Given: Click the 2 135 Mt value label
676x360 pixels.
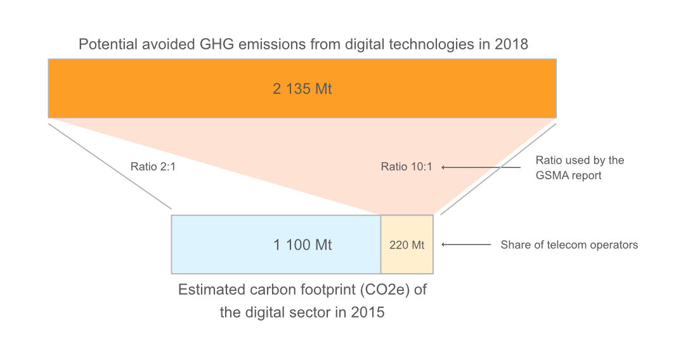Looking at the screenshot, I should click(302, 89).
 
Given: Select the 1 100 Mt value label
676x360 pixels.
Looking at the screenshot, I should click(302, 245).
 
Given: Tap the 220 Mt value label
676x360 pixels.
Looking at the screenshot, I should click(406, 245).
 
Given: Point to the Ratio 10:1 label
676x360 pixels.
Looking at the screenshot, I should click(406, 167).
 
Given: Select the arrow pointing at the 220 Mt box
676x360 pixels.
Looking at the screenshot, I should click(466, 245).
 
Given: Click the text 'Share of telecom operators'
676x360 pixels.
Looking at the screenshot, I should click(569, 245).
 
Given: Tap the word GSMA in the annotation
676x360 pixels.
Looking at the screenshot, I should click(552, 175).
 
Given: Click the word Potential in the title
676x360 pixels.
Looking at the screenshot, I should click(105, 45).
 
